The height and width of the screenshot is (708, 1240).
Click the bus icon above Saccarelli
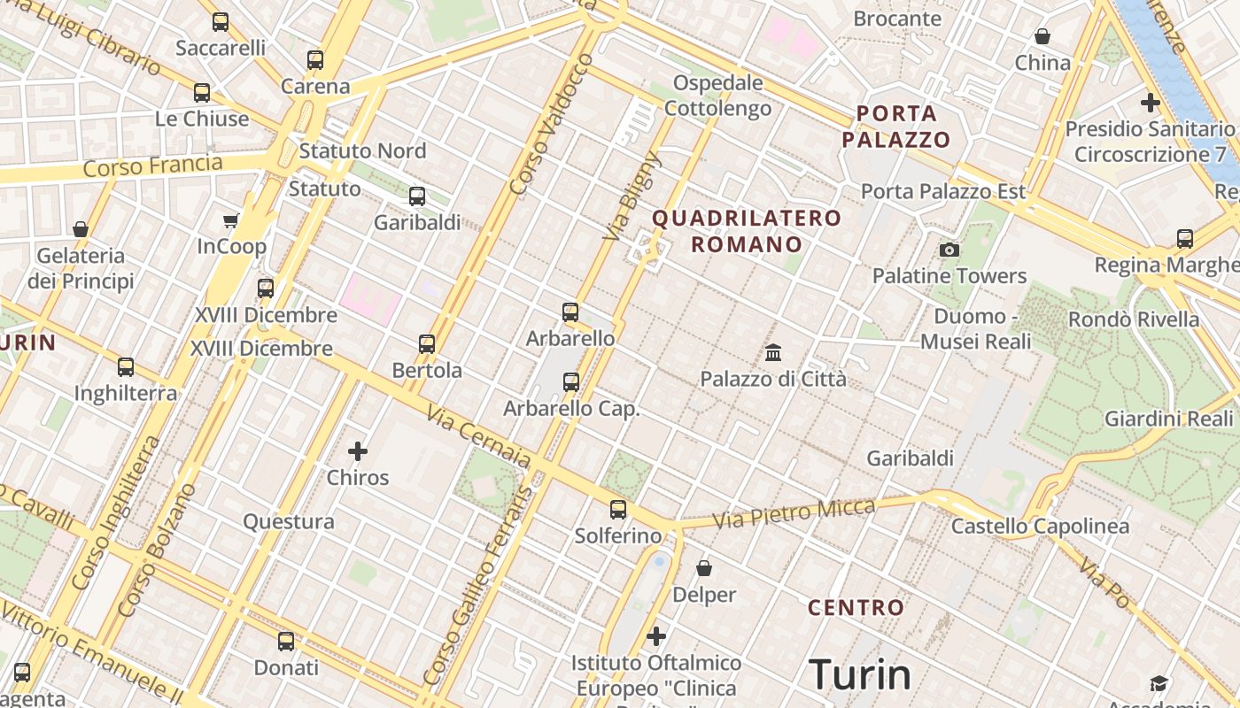click(x=221, y=22)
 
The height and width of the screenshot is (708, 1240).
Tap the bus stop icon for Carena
click(x=315, y=60)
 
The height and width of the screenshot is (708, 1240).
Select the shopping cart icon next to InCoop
click(x=231, y=220)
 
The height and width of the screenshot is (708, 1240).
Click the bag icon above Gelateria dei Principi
click(x=81, y=229)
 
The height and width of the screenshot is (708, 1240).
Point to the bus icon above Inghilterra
click(x=126, y=366)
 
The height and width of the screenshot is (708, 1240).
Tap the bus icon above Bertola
click(x=427, y=343)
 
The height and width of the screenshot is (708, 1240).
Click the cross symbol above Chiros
click(x=358, y=451)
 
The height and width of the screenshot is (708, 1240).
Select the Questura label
click(x=289, y=521)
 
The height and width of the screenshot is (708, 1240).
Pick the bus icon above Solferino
click(x=618, y=510)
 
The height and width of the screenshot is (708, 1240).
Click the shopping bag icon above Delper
click(x=704, y=567)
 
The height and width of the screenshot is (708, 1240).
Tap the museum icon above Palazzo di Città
click(x=773, y=352)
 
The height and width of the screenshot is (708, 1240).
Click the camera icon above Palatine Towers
click(x=949, y=250)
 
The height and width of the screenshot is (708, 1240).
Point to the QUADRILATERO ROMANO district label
click(x=747, y=231)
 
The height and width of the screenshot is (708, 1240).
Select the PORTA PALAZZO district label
click(x=896, y=127)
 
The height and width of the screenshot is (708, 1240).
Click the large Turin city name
click(x=860, y=675)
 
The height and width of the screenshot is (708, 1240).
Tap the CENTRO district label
click(x=856, y=608)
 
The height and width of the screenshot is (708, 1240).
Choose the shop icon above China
click(x=1042, y=36)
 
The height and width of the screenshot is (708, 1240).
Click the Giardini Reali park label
click(x=1168, y=419)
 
